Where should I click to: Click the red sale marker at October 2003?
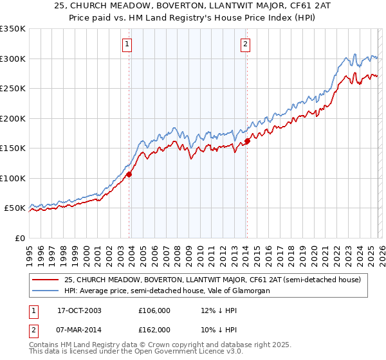[129, 174]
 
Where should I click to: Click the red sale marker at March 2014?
[247, 141]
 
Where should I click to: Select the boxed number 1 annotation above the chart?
[127, 44]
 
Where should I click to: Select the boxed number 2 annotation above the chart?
[246, 44]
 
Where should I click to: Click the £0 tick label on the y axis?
[19, 238]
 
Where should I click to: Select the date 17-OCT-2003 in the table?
[78, 310]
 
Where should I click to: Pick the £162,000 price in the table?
[154, 329]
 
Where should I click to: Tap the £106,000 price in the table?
[154, 310]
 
